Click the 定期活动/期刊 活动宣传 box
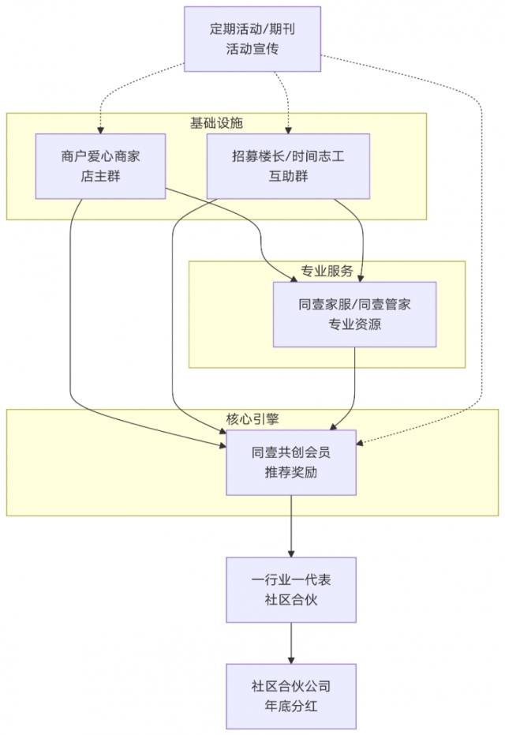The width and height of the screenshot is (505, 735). point(252,39)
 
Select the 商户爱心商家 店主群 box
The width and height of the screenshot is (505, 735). point(100,167)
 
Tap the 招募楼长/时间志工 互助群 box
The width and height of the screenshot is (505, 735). point(288,167)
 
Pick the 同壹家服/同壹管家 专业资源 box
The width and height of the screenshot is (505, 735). point(354,314)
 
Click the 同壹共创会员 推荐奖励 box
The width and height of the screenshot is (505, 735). point(291,463)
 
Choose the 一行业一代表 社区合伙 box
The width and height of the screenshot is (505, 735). point(291,590)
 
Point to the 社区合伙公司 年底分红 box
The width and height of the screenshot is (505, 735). point(291,696)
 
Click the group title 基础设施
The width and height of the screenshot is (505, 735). point(216,123)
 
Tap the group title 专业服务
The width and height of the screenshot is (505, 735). point(327,271)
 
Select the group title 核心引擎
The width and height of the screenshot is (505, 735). point(253,419)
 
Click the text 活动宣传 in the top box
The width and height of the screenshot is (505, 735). point(252,49)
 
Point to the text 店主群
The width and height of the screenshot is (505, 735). point(100,177)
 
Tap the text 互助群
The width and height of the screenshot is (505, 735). point(288,177)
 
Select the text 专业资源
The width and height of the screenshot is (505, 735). point(354,324)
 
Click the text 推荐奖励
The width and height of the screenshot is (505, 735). point(291,473)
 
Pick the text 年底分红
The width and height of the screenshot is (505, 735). point(291,706)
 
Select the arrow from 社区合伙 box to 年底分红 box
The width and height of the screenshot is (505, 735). point(291,643)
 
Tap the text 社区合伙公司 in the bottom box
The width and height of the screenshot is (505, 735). point(291,685)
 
